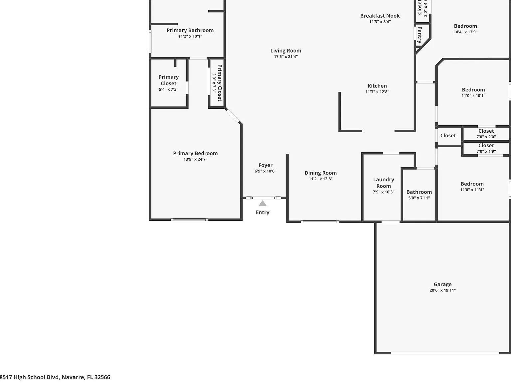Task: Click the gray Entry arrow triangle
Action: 262,204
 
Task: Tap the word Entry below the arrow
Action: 262,212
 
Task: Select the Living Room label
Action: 286,51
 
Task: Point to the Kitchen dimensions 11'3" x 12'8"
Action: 377,92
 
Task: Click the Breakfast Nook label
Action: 380,16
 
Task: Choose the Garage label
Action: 442,284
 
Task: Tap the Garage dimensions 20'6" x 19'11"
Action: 442,290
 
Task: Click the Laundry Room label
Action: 384,183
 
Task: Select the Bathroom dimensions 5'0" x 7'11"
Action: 419,198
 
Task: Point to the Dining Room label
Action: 321,173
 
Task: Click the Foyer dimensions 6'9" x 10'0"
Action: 265,171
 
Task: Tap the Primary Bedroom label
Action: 195,154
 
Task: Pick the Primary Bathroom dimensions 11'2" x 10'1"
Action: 190,36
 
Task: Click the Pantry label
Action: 420,35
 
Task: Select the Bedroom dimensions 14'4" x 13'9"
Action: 465,32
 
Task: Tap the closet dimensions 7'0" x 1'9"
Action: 486,151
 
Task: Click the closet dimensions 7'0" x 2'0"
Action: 486,137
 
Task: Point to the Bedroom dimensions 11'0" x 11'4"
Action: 472,190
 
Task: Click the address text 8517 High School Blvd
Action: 30,377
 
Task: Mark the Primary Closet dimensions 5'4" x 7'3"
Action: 169,89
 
